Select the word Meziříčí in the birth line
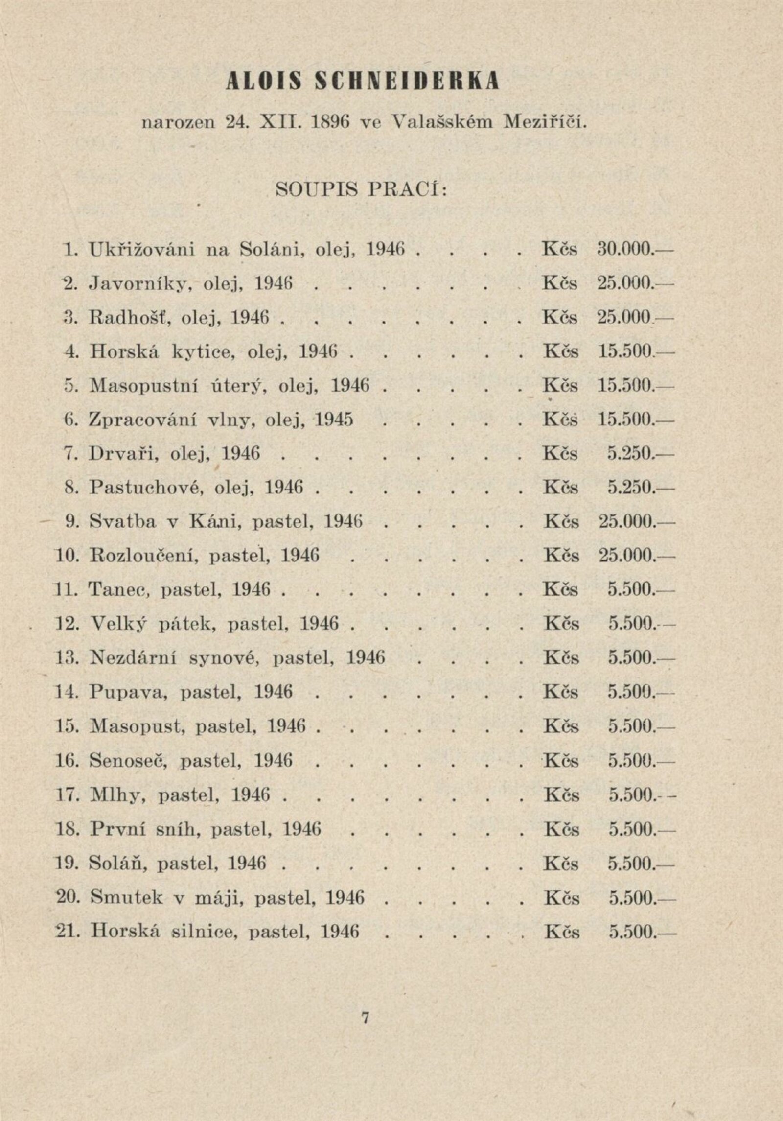click(x=544, y=122)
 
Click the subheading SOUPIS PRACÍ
click(x=362, y=190)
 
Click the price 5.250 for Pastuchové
click(x=630, y=488)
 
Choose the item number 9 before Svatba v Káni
click(x=69, y=522)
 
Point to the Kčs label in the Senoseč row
click(x=561, y=760)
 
